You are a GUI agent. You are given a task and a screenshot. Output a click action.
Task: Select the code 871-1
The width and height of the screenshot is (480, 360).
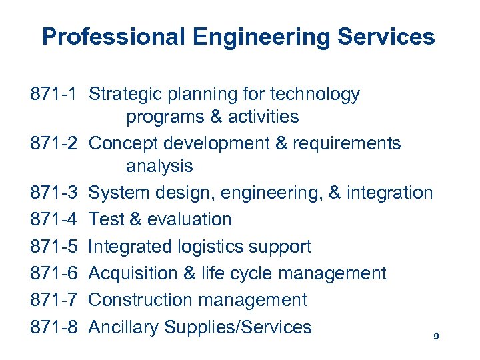[55, 95]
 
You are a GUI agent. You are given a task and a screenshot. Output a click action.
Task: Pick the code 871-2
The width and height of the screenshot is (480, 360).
[55, 143]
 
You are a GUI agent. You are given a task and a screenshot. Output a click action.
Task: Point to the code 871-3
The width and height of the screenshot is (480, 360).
[55, 193]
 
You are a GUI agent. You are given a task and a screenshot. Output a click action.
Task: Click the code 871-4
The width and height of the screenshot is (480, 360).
[55, 219]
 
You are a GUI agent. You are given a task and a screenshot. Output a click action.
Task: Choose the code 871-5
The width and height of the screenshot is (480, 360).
[55, 247]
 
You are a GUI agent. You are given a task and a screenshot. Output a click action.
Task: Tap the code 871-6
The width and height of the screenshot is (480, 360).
[55, 273]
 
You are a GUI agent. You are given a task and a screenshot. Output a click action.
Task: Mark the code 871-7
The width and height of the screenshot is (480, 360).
[55, 300]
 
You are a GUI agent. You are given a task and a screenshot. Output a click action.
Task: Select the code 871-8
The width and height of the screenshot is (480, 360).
[55, 327]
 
